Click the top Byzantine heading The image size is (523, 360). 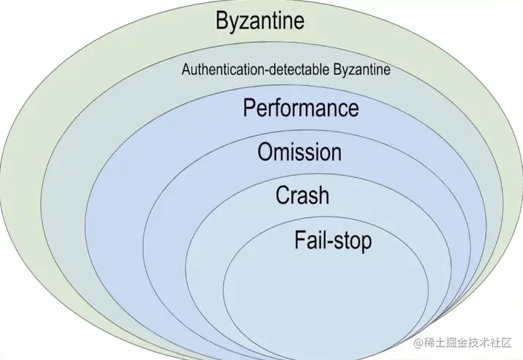click(260, 20)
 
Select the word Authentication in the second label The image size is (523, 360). click(216, 71)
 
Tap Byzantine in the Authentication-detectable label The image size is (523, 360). click(362, 71)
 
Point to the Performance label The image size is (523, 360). click(301, 108)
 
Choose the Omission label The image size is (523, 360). click(299, 152)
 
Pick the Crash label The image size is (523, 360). click(302, 195)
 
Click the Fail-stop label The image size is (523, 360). click(333, 240)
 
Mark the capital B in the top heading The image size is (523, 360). click(223, 20)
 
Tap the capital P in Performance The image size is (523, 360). click(250, 108)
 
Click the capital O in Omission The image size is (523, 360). click(266, 152)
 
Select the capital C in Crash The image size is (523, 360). click(283, 195)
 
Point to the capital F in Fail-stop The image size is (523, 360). click(300, 240)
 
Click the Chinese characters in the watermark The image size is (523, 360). click(470, 342)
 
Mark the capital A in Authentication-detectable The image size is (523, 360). click(186, 71)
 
